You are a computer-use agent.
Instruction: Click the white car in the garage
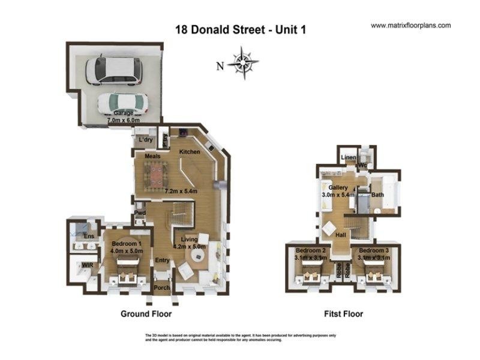pos(114,70)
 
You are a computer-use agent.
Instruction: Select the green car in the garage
pos(123,103)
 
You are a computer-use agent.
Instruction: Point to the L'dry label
pos(146,140)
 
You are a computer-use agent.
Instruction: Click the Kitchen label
pos(190,152)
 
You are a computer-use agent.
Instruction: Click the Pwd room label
pos(140,213)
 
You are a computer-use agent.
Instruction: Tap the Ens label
pos(88,236)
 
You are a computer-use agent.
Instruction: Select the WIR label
pos(86,264)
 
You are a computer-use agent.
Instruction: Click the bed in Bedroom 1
pos(127,271)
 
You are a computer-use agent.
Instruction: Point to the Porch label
pos(162,288)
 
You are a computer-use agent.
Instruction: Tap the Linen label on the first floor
pos(348,158)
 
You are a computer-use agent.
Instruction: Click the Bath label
pos(377,195)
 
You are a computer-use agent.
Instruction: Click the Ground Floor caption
pos(146,314)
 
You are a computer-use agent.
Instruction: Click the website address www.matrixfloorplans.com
pos(411,26)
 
